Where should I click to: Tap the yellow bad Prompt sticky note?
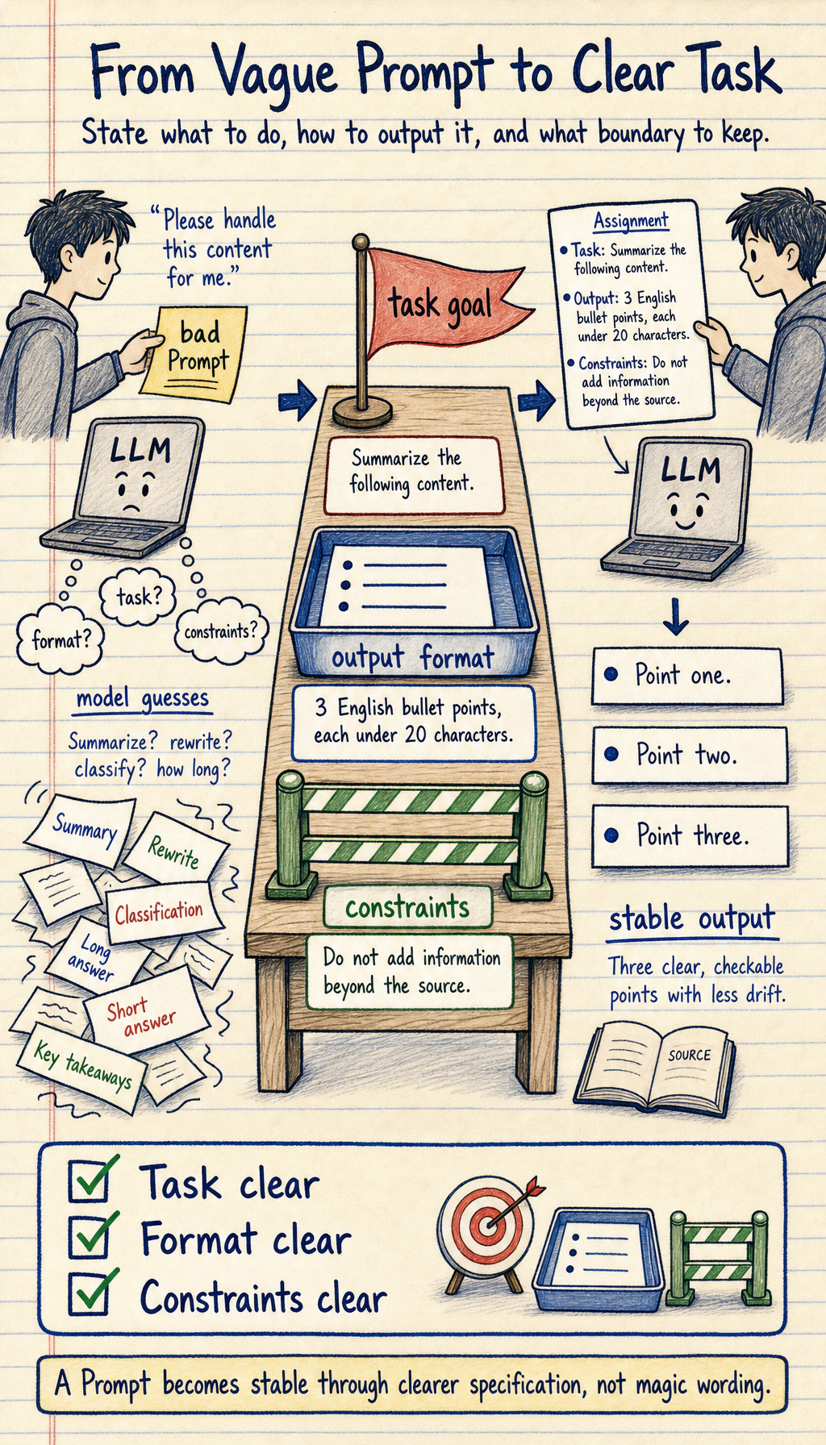click(194, 352)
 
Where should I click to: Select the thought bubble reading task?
click(138, 597)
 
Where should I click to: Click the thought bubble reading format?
click(61, 641)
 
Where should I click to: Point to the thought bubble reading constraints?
click(221, 631)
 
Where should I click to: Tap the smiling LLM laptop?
click(678, 507)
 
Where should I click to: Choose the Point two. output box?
click(690, 756)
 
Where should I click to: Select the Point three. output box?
click(690, 836)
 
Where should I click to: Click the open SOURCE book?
click(654, 1069)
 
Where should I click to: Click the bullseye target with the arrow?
click(486, 1226)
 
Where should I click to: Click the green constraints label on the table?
click(407, 907)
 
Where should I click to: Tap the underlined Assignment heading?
click(631, 221)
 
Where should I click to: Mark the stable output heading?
click(692, 920)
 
